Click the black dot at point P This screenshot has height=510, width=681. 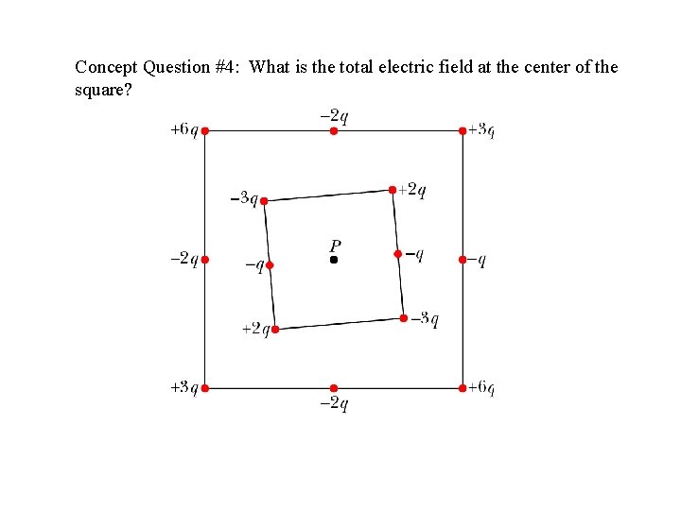(x=334, y=259)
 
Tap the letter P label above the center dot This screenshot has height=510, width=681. (x=336, y=243)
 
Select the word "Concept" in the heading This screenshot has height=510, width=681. (x=106, y=67)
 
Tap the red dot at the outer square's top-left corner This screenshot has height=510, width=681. (x=205, y=130)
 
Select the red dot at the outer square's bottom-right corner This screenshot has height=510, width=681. (x=463, y=387)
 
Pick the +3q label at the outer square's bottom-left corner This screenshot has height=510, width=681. (x=183, y=387)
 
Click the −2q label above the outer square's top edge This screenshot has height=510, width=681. (x=334, y=116)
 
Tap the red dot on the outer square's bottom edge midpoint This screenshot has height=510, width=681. (x=334, y=387)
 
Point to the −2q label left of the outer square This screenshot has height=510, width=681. (x=183, y=259)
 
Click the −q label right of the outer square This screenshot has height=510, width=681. (x=479, y=260)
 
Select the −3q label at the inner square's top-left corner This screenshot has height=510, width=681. (x=244, y=198)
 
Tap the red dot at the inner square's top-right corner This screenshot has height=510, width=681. (x=393, y=190)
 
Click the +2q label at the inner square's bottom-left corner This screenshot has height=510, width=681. (x=255, y=329)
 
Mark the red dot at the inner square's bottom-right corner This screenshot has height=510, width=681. (x=404, y=318)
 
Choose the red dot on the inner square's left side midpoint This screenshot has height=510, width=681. (x=270, y=265)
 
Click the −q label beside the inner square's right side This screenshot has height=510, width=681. (x=414, y=254)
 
